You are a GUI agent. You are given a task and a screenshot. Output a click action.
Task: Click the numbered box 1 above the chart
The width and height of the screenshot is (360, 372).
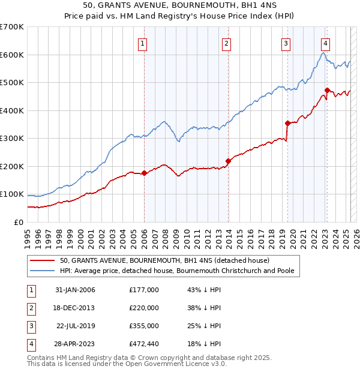pyautogui.click(x=143, y=43)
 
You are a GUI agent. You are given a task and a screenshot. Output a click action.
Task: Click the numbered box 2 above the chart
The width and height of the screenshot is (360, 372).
pyautogui.click(x=227, y=43)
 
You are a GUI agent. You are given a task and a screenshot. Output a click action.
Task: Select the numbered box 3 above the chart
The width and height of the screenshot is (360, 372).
pyautogui.click(x=286, y=43)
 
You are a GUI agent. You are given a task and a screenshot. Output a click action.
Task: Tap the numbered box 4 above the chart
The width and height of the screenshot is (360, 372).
pyautogui.click(x=325, y=43)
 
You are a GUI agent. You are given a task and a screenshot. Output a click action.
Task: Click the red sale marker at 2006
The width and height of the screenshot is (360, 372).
pyautogui.click(x=144, y=173)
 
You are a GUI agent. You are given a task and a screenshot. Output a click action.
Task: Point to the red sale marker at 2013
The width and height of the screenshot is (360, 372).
pyautogui.click(x=229, y=161)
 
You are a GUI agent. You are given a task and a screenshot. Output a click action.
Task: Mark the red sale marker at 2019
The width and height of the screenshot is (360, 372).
pyautogui.click(x=288, y=123)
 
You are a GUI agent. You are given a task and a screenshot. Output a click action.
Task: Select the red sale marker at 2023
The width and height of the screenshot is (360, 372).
pyautogui.click(x=327, y=91)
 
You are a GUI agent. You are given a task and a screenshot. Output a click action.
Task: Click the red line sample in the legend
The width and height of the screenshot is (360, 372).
pyautogui.click(x=42, y=260)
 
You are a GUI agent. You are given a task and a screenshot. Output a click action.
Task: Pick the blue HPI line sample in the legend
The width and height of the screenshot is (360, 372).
pyautogui.click(x=42, y=271)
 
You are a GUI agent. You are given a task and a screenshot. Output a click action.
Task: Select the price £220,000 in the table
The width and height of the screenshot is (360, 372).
pyautogui.click(x=144, y=308)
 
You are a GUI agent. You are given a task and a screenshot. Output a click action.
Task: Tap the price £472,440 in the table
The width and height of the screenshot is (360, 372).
pyautogui.click(x=144, y=344)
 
